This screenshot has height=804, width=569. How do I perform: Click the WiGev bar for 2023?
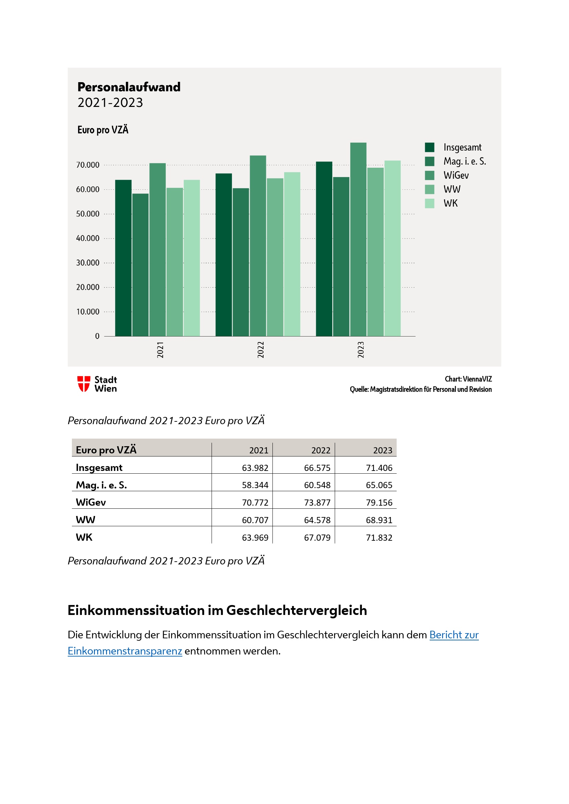pyautogui.click(x=358, y=240)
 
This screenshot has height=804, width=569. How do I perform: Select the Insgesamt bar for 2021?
pyautogui.click(x=124, y=258)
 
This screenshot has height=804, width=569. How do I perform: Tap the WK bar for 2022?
pyautogui.click(x=292, y=254)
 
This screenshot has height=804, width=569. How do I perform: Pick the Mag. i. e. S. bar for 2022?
pyautogui.click(x=241, y=262)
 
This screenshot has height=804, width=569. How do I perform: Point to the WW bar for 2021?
pyautogui.click(x=174, y=262)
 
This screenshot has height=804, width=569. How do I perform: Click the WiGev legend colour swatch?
pyautogui.click(x=430, y=175)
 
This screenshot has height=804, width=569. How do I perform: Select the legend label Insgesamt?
pyautogui.click(x=462, y=147)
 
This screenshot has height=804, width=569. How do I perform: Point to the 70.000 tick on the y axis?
pyautogui.click(x=88, y=165)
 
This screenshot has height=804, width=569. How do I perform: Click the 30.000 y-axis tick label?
pyautogui.click(x=88, y=263)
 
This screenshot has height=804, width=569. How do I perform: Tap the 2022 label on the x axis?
pyautogui.click(x=260, y=350)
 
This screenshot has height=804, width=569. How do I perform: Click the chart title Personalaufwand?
pyautogui.click(x=129, y=87)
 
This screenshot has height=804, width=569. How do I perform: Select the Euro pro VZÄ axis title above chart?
pyautogui.click(x=103, y=130)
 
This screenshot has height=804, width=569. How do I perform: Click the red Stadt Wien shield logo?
pyautogui.click(x=84, y=384)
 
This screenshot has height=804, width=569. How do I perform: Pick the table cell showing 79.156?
pyautogui.click(x=379, y=503)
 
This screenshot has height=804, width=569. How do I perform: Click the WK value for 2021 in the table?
pyautogui.click(x=255, y=538)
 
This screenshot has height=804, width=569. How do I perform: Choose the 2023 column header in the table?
pyautogui.click(x=382, y=450)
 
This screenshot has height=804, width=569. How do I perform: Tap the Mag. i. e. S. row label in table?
pyautogui.click(x=101, y=485)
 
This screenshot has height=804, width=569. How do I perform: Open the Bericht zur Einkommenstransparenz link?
pyautogui.click(x=454, y=635)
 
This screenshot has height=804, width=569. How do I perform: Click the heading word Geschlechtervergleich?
pyautogui.click(x=297, y=610)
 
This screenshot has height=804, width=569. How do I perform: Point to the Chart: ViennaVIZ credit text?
pyautogui.click(x=468, y=379)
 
